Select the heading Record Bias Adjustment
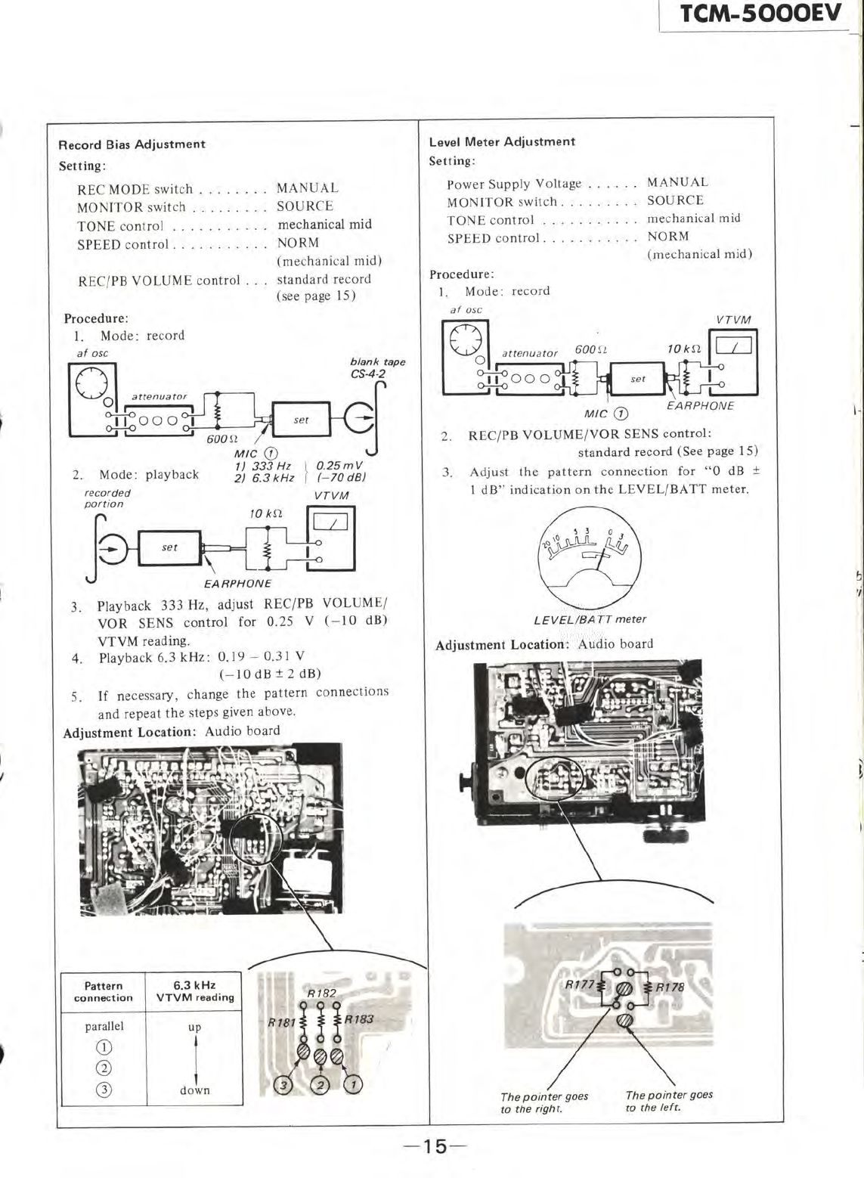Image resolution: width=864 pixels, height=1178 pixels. pyautogui.click(x=132, y=144)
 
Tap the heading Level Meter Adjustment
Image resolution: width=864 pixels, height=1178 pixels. pyautogui.click(x=502, y=141)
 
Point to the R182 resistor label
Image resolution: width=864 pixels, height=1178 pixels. pyautogui.click(x=321, y=993)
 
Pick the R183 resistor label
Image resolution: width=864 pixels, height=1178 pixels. pyautogui.click(x=359, y=1018)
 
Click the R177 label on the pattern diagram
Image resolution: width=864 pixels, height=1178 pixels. pyautogui.click(x=579, y=985)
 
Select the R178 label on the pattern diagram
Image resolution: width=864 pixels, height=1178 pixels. pyautogui.click(x=669, y=987)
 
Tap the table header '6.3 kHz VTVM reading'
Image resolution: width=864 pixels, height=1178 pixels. pyautogui.click(x=194, y=991)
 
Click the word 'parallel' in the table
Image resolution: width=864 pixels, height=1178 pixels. pyautogui.click(x=104, y=1026)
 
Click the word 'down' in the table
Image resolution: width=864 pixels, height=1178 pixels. pyautogui.click(x=195, y=1090)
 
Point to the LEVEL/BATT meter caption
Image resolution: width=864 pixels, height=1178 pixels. pyautogui.click(x=590, y=619)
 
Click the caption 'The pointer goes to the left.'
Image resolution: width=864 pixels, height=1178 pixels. pyautogui.click(x=669, y=1100)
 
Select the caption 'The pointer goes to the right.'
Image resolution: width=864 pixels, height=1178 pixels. pyautogui.click(x=544, y=1102)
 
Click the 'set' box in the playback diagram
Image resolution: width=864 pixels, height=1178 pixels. pyautogui.click(x=169, y=548)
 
